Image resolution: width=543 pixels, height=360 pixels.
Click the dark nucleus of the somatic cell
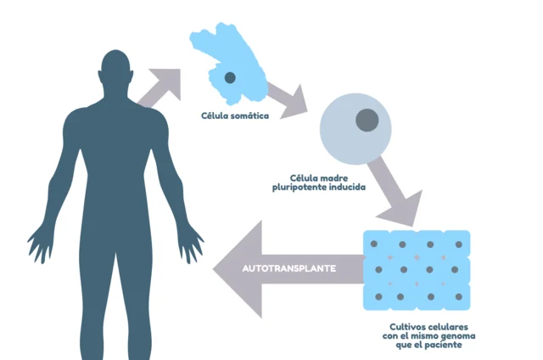tap(229, 77)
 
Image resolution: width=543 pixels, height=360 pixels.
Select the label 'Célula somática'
tap(236, 115)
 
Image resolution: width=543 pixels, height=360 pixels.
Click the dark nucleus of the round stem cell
tap(366, 121)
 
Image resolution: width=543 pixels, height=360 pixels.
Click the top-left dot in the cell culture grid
tap(379, 245)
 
